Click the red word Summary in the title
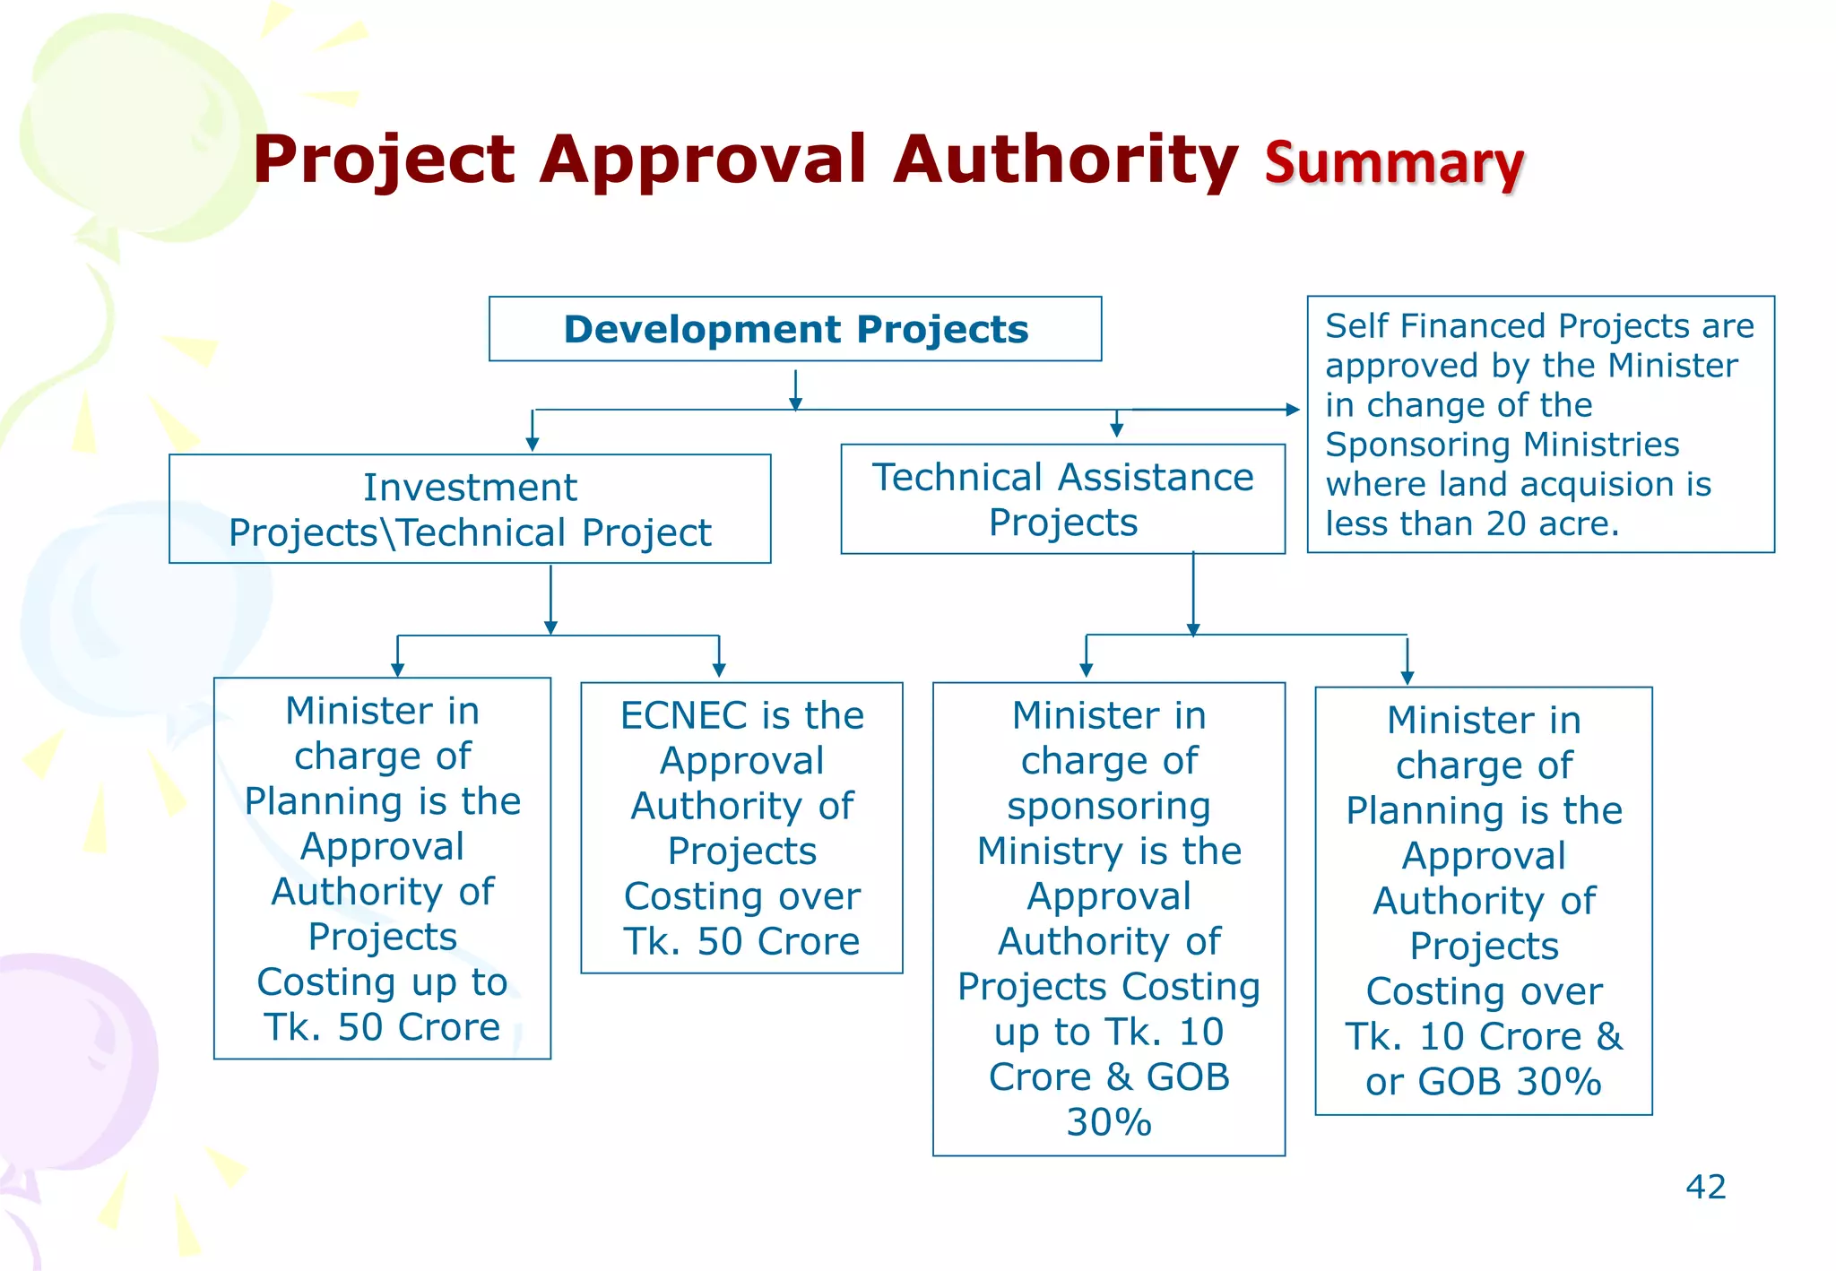pyautogui.click(x=1394, y=163)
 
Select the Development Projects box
pyautogui.click(x=795, y=329)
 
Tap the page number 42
pyautogui.click(x=1705, y=1187)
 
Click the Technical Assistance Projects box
pyautogui.click(x=1062, y=499)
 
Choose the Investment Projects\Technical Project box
pyautogui.click(x=470, y=509)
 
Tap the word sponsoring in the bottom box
pyautogui.click(x=1108, y=806)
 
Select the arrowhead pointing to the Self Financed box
pyautogui.click(x=1292, y=410)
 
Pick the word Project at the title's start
pyautogui.click(x=384, y=161)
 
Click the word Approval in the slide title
pyautogui.click(x=704, y=161)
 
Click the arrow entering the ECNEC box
pyautogui.click(x=719, y=668)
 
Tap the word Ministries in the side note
pyautogui.click(x=1601, y=445)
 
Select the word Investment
pyautogui.click(x=470, y=488)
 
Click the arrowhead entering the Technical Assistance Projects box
pyautogui.click(x=1116, y=430)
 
